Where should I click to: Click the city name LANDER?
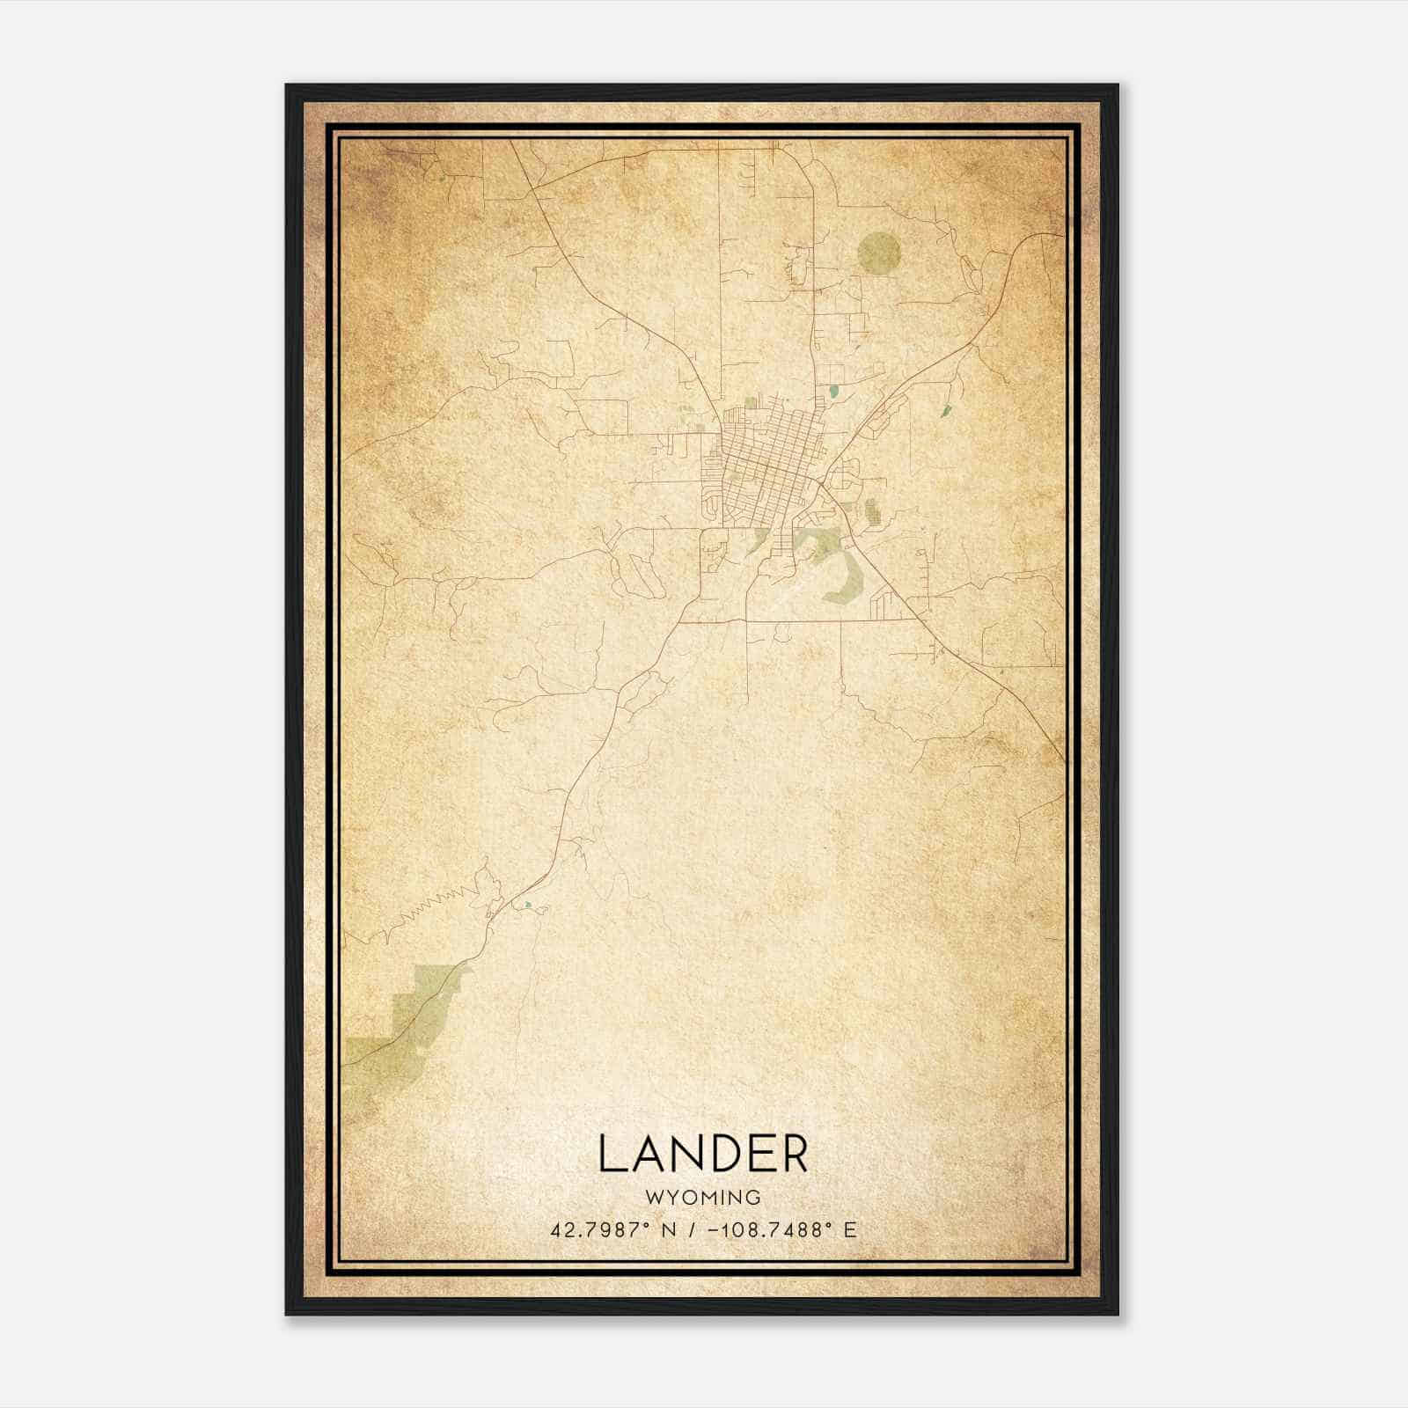click(x=703, y=1154)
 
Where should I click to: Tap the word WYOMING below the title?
click(x=703, y=1198)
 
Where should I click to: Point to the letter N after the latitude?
click(x=669, y=1229)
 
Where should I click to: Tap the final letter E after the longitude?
click(x=849, y=1229)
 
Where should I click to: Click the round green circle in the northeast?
click(x=879, y=253)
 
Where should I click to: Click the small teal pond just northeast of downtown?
click(x=833, y=389)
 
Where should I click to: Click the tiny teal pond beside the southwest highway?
click(x=527, y=904)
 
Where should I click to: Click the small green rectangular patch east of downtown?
click(x=871, y=510)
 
